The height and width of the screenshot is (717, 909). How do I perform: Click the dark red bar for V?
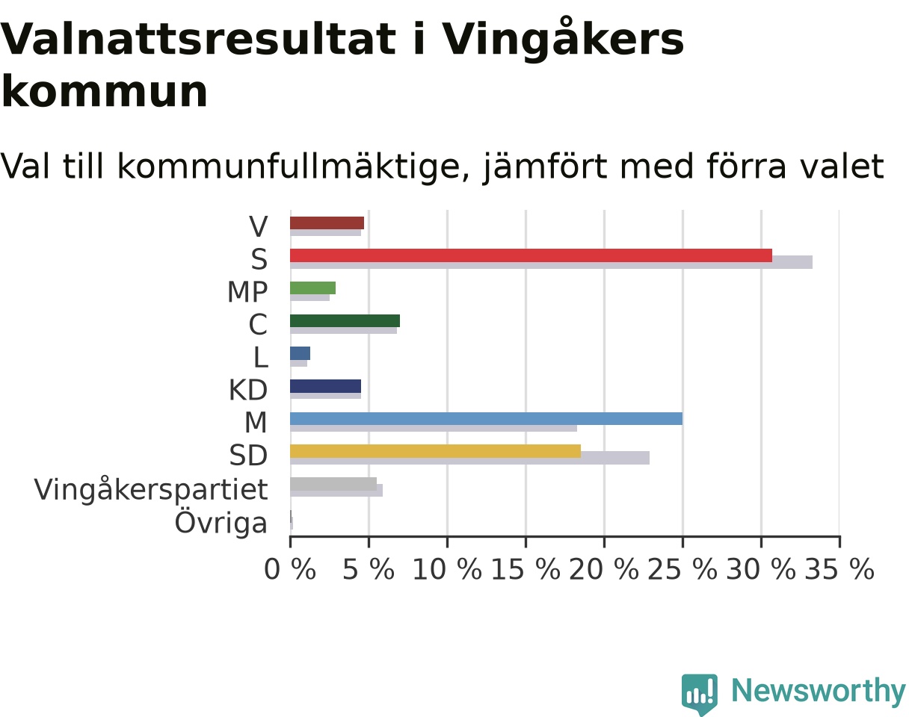pyautogui.click(x=327, y=223)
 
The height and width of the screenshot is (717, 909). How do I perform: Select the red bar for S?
pyautogui.click(x=531, y=255)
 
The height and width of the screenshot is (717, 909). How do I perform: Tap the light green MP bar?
pyautogui.click(x=312, y=288)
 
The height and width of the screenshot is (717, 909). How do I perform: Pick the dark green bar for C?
pyautogui.click(x=345, y=320)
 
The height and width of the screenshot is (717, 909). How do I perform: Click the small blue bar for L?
pyautogui.click(x=300, y=353)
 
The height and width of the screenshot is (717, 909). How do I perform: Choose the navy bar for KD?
pyautogui.click(x=325, y=386)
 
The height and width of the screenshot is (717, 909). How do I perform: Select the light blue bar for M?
pyautogui.click(x=486, y=419)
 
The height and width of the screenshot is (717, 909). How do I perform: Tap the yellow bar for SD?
pyautogui.click(x=436, y=451)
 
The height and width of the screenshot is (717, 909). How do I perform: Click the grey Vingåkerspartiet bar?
pyautogui.click(x=333, y=484)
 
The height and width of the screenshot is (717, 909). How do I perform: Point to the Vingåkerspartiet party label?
pyautogui.click(x=151, y=489)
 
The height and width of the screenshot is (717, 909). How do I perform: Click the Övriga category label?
pyautogui.click(x=221, y=523)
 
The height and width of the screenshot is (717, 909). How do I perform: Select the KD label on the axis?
pyautogui.click(x=248, y=390)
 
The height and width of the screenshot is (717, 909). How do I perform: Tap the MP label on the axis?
pyautogui.click(x=247, y=291)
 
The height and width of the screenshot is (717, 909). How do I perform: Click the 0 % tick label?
pyautogui.click(x=290, y=569)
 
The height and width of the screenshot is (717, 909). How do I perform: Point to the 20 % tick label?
pyautogui.click(x=604, y=569)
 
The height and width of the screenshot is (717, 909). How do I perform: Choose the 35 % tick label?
pyautogui.click(x=839, y=569)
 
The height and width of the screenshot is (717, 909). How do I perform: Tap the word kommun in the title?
pyautogui.click(x=104, y=91)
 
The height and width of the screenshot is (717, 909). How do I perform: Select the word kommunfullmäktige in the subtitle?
pyautogui.click(x=288, y=167)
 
